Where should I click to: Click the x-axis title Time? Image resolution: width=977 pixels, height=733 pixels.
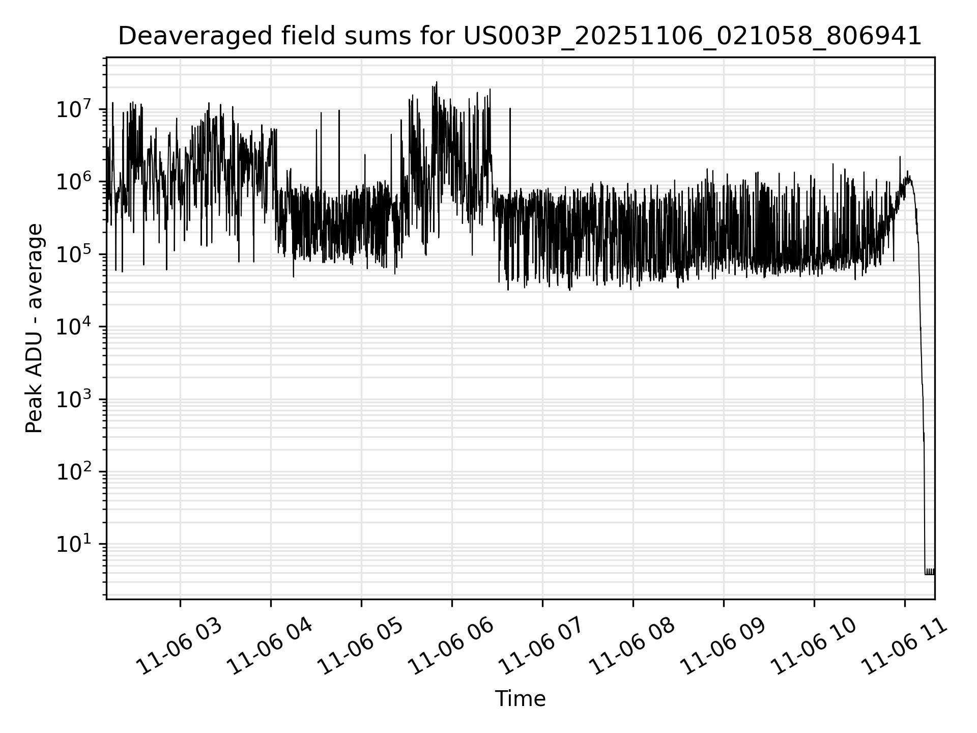click(x=520, y=699)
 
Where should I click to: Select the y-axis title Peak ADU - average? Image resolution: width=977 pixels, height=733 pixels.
click(x=34, y=328)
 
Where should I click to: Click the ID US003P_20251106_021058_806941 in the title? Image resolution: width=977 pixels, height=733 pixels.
click(x=692, y=36)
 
